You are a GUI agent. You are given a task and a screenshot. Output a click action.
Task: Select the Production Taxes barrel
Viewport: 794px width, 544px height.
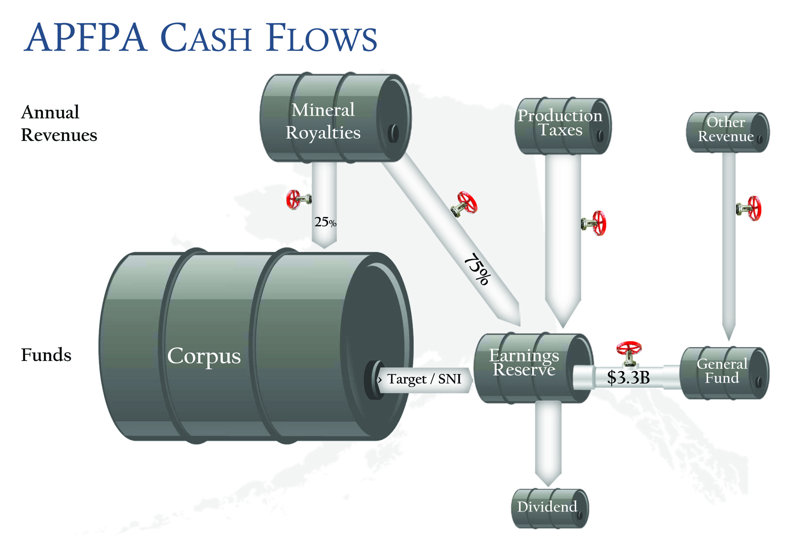pyautogui.click(x=562, y=126)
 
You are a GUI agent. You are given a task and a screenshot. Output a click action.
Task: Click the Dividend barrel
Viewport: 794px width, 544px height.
pyautogui.click(x=549, y=508)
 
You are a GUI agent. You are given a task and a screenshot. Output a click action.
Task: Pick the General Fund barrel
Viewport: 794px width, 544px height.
pyautogui.click(x=723, y=372)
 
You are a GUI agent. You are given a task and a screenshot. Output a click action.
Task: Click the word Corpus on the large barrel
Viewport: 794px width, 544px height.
pyautogui.click(x=204, y=356)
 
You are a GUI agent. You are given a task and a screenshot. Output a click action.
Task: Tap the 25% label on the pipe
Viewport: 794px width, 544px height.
pyautogui.click(x=325, y=222)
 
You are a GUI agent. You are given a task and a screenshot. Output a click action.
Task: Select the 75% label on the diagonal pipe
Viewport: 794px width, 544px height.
pyautogui.click(x=478, y=269)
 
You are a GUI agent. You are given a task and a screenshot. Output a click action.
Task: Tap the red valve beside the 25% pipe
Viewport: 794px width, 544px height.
pyautogui.click(x=297, y=200)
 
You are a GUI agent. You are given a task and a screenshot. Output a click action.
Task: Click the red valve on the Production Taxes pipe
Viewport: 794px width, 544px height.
pyautogui.click(x=595, y=223)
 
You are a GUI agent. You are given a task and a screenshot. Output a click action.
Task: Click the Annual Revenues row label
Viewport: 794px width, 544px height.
pyautogui.click(x=59, y=124)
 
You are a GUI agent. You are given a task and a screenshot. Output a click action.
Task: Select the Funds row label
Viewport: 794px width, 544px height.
pyautogui.click(x=46, y=355)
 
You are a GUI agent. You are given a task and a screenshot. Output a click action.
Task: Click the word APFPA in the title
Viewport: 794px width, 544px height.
pyautogui.click(x=85, y=38)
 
